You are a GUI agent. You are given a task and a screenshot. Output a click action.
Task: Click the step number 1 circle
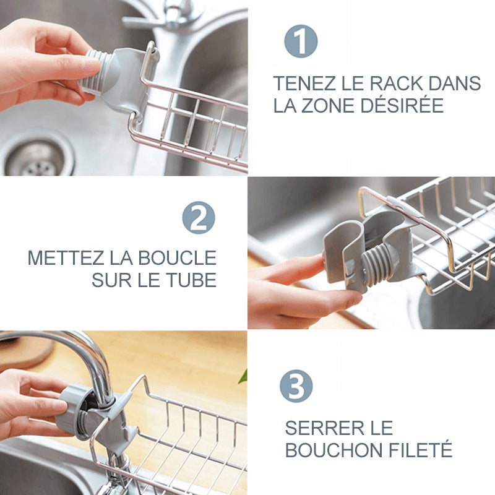click(x=301, y=41)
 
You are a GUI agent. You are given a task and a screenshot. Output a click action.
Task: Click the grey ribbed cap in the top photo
click(x=97, y=70)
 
